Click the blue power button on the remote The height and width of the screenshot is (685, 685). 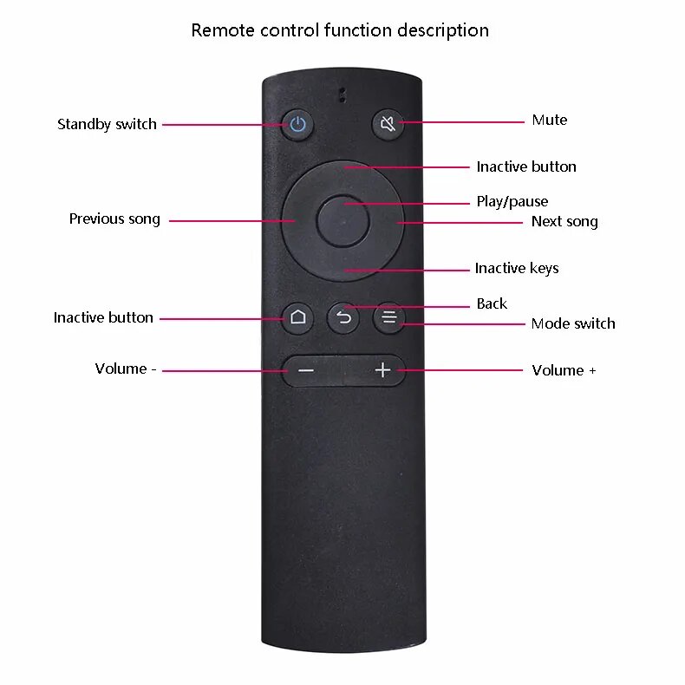pyautogui.click(x=298, y=124)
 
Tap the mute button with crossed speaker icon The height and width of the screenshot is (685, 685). pyautogui.click(x=388, y=124)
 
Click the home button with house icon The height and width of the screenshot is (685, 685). pyautogui.click(x=298, y=317)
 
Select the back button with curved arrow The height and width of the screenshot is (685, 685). pyautogui.click(x=343, y=318)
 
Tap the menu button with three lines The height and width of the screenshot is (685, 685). pyautogui.click(x=388, y=318)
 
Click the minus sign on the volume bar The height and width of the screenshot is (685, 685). pyautogui.click(x=306, y=370)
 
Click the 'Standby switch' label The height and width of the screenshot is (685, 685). pyautogui.click(x=107, y=124)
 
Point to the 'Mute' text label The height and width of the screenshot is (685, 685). pyautogui.click(x=549, y=120)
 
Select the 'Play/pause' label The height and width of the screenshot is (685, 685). pyautogui.click(x=512, y=201)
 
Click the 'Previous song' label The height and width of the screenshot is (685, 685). pyautogui.click(x=114, y=219)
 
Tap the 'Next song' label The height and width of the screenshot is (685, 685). pyautogui.click(x=564, y=221)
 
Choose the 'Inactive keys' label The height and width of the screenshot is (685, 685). pyautogui.click(x=516, y=268)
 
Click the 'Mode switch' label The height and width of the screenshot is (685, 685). pyautogui.click(x=572, y=323)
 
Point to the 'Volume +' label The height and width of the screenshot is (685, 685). pyautogui.click(x=564, y=370)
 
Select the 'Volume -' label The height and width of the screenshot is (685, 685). pyautogui.click(x=126, y=369)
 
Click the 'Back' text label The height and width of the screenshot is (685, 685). pyautogui.click(x=492, y=303)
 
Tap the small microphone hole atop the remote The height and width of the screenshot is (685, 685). pyautogui.click(x=342, y=95)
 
